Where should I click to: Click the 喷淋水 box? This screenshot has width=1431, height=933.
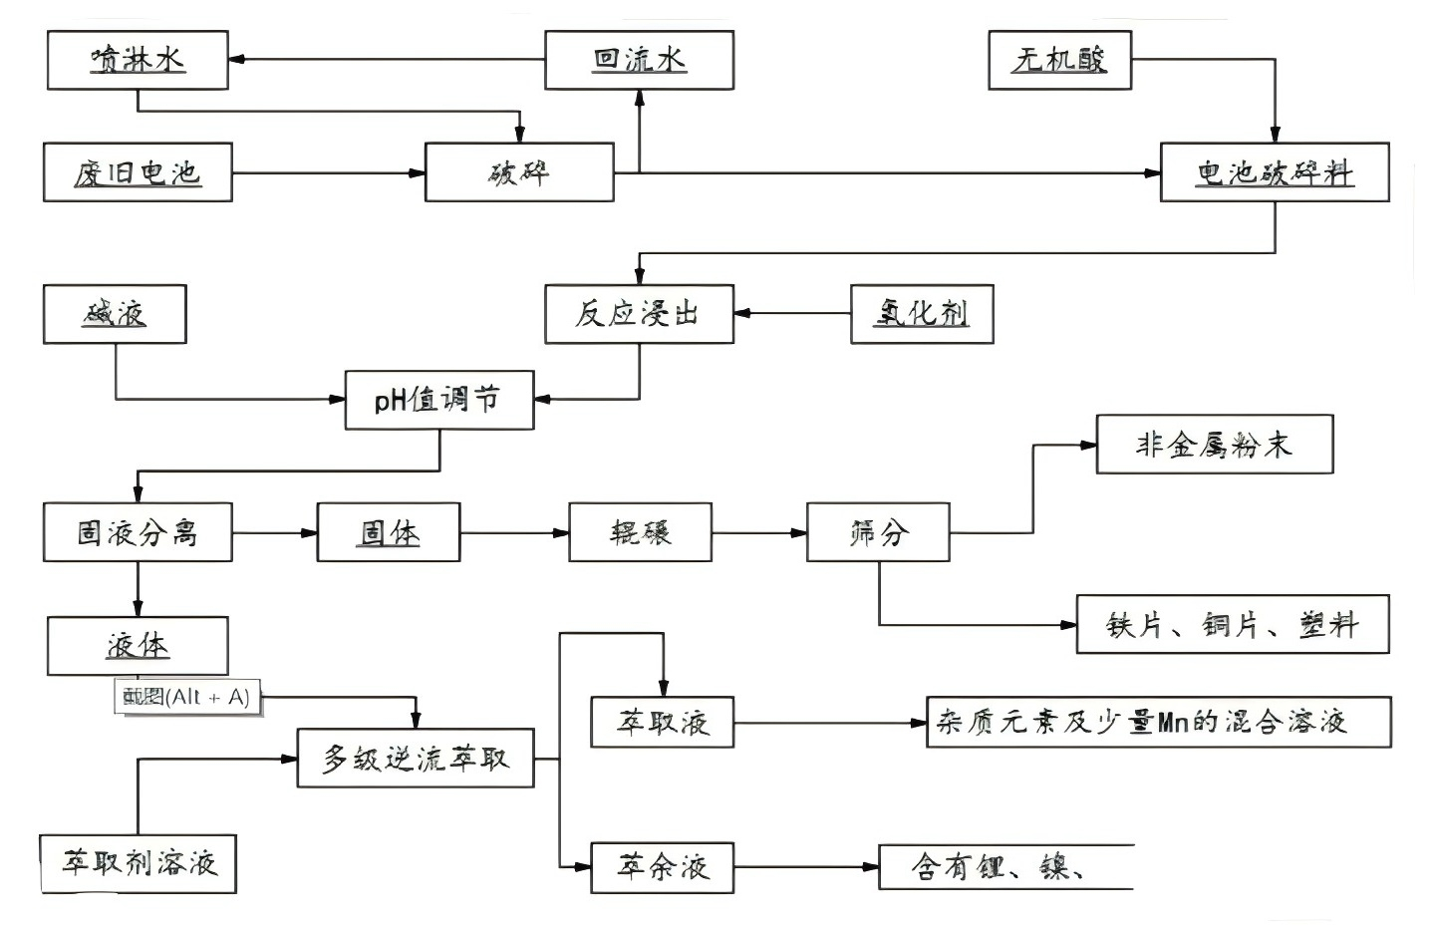pos(138,60)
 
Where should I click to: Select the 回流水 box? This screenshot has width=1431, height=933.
pos(639,60)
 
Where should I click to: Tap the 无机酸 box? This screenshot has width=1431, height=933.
pos(1059,60)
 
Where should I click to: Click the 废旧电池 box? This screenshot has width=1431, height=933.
pos(138,172)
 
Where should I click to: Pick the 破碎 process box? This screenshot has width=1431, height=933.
pos(519,172)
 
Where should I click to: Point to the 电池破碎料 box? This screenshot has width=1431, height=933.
pos(1275,172)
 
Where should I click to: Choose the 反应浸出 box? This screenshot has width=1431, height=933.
pos(639,314)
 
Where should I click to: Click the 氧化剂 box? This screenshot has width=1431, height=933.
pos(922,314)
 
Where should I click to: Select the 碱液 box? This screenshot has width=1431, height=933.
pos(115,314)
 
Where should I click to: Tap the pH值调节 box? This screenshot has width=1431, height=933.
pos(438,400)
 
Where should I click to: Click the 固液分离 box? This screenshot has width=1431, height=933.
pos(138,532)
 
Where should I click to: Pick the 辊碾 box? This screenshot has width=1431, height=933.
pos(640,532)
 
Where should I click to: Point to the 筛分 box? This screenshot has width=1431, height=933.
pos(877,532)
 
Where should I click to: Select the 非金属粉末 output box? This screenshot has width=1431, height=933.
pos(1214,445)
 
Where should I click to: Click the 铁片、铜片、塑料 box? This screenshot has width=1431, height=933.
pos(1232,625)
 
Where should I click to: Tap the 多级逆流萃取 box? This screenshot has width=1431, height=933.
pos(416,759)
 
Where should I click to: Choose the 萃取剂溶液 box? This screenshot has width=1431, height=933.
pos(139,863)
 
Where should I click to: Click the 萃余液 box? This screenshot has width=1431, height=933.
pos(663,866)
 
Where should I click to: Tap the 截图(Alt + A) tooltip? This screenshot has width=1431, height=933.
pos(187,697)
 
